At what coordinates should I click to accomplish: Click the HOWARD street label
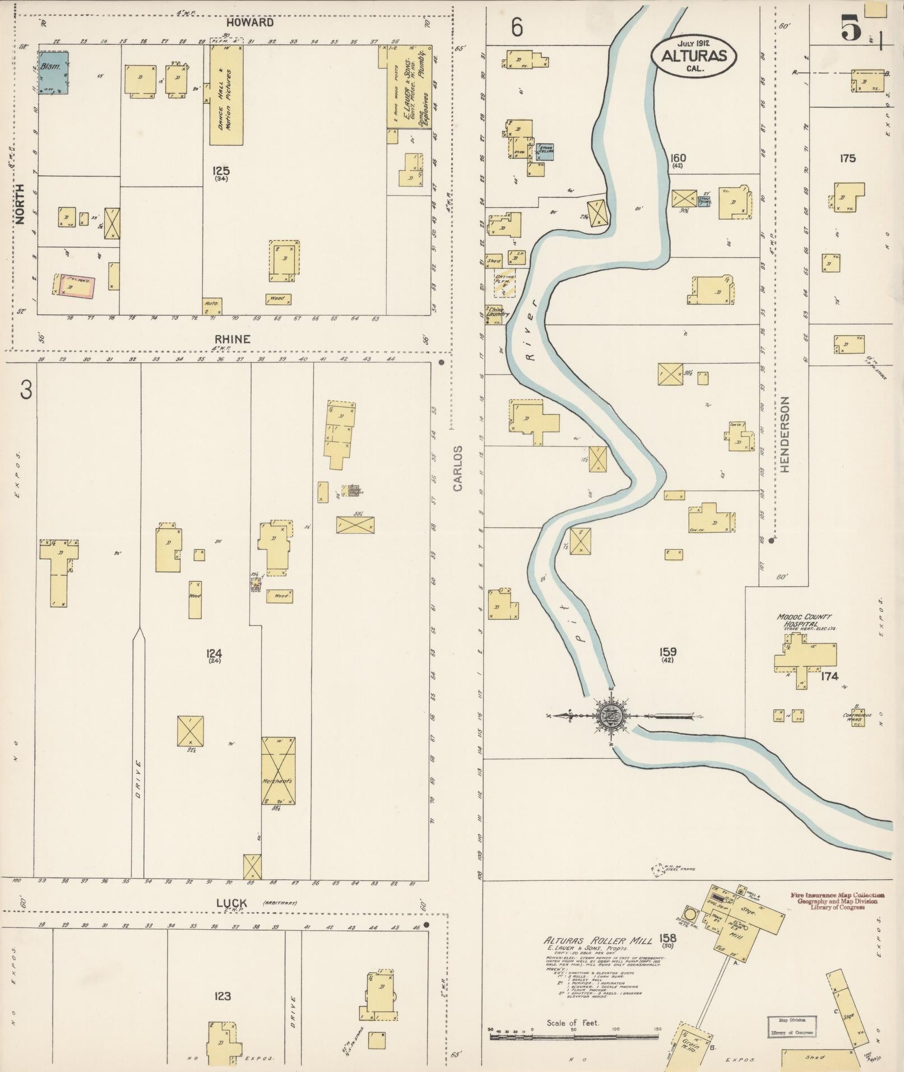250,22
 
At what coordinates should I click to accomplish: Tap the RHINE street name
231,339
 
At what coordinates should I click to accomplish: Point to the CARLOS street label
458,468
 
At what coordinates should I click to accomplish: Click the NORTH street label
21,205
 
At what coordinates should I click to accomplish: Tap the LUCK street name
232,903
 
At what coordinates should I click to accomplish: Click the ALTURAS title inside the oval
693,55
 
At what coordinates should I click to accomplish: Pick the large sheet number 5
851,29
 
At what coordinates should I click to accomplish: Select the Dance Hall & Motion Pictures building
226,95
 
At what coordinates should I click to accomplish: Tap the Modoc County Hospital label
805,620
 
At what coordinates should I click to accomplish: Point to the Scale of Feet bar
574,1037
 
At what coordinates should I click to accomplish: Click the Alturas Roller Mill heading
598,940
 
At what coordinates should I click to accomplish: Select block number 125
221,170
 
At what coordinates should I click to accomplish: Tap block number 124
214,652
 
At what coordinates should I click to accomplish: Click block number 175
847,158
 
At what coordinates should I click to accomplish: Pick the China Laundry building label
497,312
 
